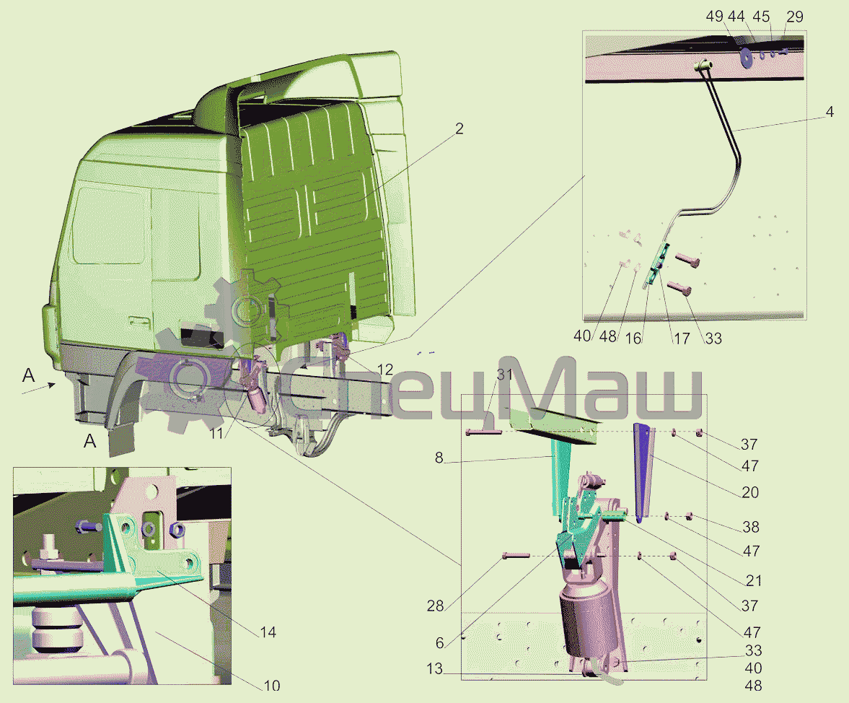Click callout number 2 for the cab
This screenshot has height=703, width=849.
[x=459, y=128]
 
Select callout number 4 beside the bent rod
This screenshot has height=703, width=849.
[x=830, y=112]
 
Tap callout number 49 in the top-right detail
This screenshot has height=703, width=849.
[x=715, y=17]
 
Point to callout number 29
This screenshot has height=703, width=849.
[x=794, y=17]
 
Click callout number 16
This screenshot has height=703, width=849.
[x=633, y=339]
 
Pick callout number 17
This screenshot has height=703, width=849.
[x=682, y=339]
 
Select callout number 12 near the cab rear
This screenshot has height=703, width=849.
[x=384, y=370]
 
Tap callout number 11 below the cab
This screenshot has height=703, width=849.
[x=216, y=433]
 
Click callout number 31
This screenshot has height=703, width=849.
[x=504, y=375]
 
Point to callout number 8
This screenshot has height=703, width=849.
[x=439, y=458]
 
